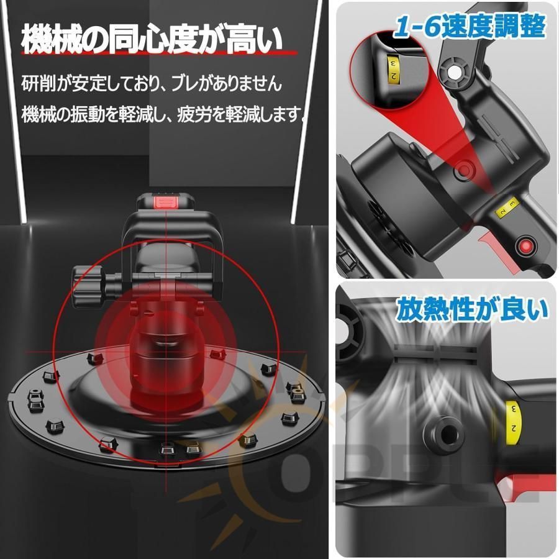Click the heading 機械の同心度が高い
click(x=153, y=40)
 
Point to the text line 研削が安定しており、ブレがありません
click(x=151, y=82)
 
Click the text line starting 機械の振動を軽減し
click(x=164, y=114)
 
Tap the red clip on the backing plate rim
click(x=216, y=353)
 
